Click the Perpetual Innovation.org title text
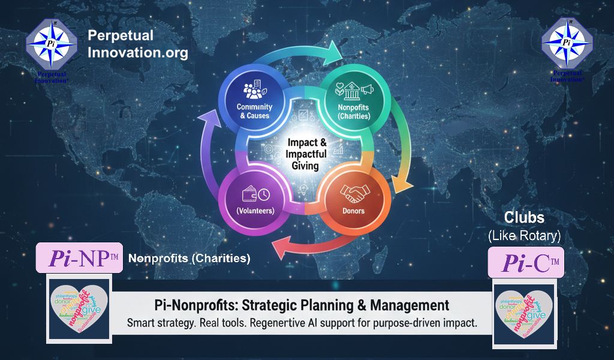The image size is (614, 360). pyautogui.click(x=138, y=44)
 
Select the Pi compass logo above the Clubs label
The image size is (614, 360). pyautogui.click(x=567, y=46)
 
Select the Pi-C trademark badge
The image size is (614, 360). pyautogui.click(x=526, y=263)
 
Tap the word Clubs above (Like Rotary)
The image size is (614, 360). pyautogui.click(x=524, y=217)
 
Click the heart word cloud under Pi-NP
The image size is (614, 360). pyautogui.click(x=79, y=310)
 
